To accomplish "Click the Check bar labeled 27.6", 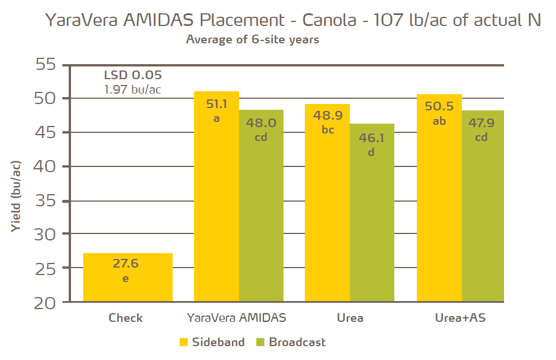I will pos(128,277).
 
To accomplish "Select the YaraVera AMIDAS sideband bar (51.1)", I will pos(216,196).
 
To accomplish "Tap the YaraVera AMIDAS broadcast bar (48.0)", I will pos(261,205).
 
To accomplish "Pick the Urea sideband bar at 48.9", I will pos(327,202).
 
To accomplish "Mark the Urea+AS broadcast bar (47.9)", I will pos(484,206).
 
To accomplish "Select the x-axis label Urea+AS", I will pos(460,318).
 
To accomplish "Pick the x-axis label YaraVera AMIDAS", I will pos(237,318).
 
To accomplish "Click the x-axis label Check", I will pos(125,318).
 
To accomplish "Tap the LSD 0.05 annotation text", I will pos(133,75).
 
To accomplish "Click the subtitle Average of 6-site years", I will pos(252,40).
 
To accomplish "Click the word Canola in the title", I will pos(329,20).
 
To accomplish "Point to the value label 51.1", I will pos(216,105).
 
